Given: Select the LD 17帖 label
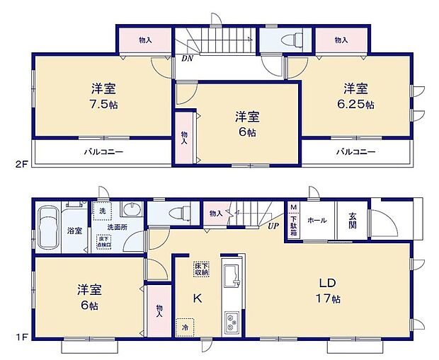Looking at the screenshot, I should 328,291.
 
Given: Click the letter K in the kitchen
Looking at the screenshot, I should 199,298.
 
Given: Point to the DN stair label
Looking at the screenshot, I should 187,59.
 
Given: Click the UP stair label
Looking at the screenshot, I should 273,226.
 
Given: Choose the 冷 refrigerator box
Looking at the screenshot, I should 185,327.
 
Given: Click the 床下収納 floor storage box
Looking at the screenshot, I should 201,268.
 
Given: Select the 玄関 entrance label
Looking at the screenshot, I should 352,221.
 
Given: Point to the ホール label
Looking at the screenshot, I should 318,221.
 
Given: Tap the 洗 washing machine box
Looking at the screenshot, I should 102,211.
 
